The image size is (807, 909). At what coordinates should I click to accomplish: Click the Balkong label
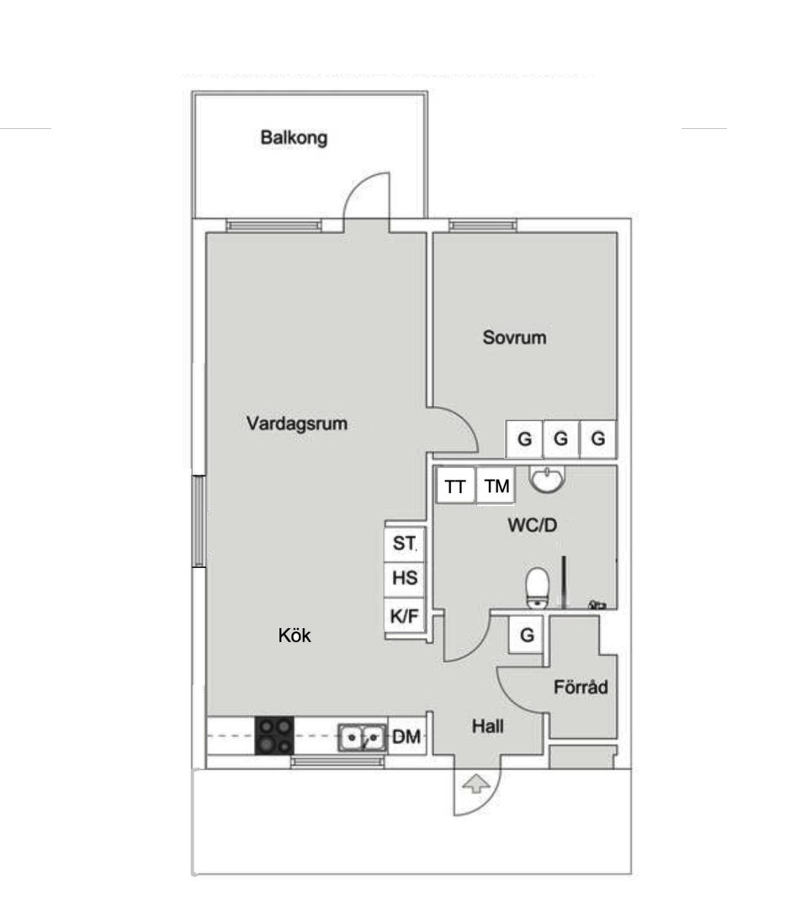(x=294, y=138)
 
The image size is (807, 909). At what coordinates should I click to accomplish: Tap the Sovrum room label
(x=514, y=338)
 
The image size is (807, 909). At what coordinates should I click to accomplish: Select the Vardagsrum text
(x=297, y=423)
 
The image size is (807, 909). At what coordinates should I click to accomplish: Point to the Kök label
(x=295, y=635)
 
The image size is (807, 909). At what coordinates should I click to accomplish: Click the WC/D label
(x=532, y=526)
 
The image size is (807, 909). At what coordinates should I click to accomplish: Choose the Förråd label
(x=581, y=688)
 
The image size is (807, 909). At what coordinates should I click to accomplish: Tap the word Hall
(x=488, y=726)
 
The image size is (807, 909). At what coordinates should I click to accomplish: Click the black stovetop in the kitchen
(x=274, y=736)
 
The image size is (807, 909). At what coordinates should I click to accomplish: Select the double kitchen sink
(x=363, y=738)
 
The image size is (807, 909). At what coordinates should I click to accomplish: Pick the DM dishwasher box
(x=407, y=737)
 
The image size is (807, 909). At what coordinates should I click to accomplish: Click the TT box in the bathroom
(x=456, y=486)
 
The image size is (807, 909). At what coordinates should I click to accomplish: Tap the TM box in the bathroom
(x=496, y=486)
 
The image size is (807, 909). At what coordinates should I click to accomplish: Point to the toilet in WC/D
(x=537, y=586)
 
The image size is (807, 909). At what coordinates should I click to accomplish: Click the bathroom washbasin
(x=548, y=481)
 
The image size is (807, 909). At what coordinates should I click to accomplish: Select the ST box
(x=405, y=544)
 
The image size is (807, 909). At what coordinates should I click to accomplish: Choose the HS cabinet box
(x=405, y=579)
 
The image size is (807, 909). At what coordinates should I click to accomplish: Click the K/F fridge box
(x=405, y=616)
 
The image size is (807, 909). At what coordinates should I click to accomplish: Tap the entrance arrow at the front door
(x=477, y=784)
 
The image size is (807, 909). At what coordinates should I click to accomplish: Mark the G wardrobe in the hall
(x=528, y=635)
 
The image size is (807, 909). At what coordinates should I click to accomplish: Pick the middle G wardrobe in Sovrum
(x=561, y=439)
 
